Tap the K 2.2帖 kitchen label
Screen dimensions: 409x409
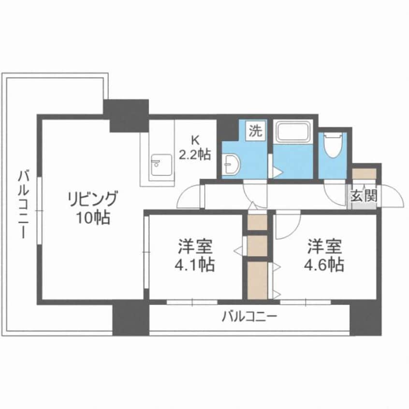pos(194,148)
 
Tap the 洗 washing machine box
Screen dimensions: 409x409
pos(256,131)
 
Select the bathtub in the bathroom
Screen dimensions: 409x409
pos(293,131)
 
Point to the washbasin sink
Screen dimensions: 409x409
pos(232,164)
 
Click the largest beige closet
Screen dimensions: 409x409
pos(256,280)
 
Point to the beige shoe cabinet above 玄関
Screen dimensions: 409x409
pos(364,173)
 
